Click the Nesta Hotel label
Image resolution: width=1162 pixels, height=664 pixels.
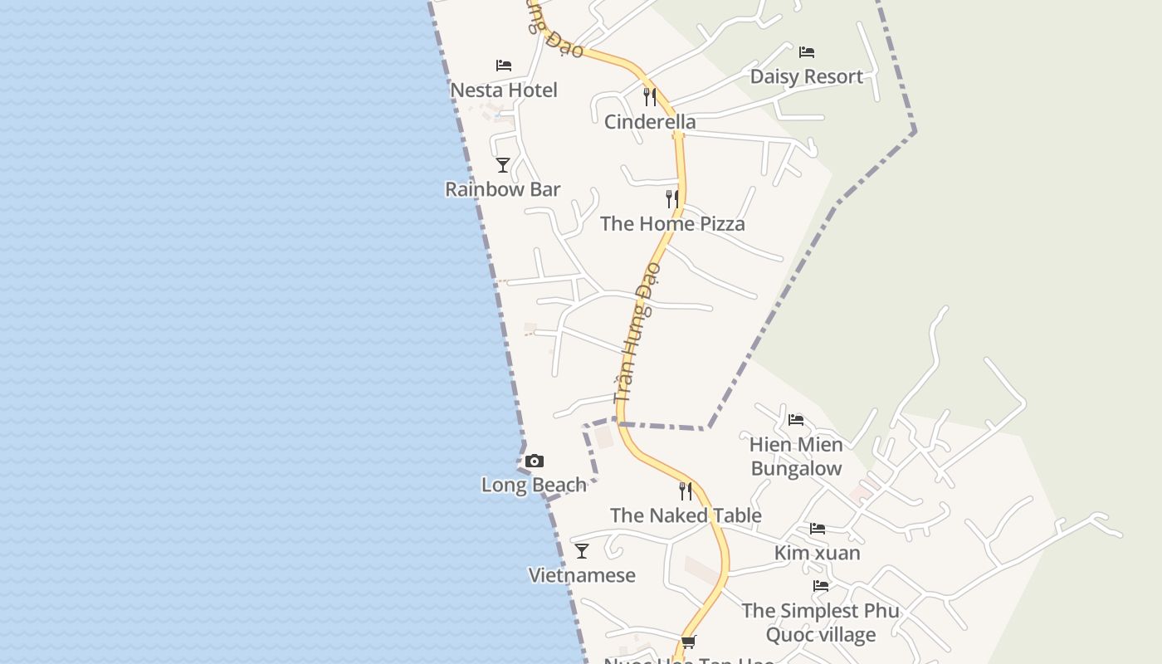[503, 90]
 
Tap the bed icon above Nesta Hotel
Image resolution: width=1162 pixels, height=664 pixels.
[503, 65]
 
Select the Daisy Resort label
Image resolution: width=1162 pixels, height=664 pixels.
[806, 76]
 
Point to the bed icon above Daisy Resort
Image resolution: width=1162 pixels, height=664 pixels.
[806, 52]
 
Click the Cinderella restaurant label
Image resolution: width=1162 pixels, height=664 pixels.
[650, 122]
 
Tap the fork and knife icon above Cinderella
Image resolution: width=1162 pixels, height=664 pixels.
[650, 97]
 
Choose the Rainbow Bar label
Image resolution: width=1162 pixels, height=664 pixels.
[502, 189]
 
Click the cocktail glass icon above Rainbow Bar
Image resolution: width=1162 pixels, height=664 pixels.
[502, 165]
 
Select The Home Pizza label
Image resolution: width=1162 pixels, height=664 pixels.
[672, 223]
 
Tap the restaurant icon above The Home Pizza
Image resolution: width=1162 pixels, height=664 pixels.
[672, 199]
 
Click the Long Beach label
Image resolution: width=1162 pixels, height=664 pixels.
[534, 485]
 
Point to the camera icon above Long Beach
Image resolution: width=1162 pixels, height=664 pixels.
[535, 461]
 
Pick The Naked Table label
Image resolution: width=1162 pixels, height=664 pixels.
[686, 515]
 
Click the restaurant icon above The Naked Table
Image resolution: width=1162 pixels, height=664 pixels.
[686, 491]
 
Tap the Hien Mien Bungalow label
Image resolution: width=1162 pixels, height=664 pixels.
[796, 456]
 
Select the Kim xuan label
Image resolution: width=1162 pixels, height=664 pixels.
[817, 553]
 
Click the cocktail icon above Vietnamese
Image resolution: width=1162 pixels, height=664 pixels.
[582, 550]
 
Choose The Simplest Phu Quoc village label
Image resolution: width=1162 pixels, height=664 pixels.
[820, 622]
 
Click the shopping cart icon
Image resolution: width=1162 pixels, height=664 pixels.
[688, 642]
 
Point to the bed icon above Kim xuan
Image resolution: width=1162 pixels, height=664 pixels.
[818, 528]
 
